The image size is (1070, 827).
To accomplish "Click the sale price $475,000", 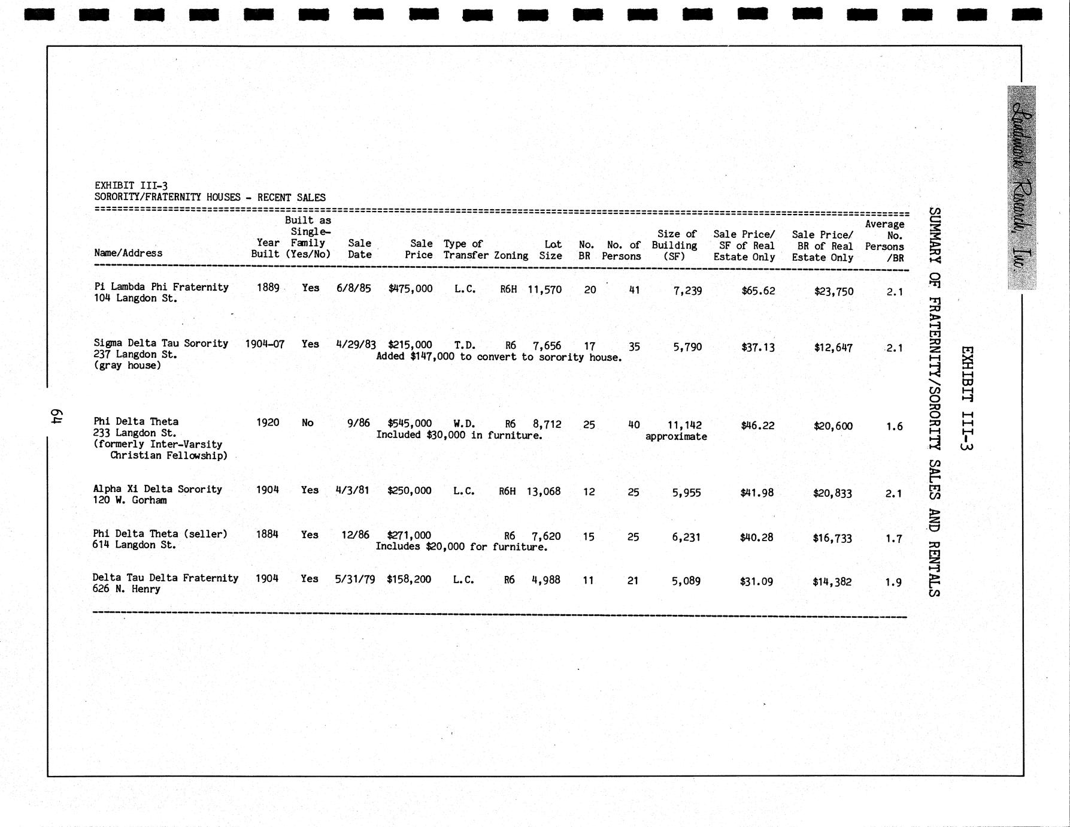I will (x=410, y=288).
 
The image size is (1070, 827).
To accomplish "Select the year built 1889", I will (x=268, y=288).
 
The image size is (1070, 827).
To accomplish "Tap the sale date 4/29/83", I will (x=356, y=345).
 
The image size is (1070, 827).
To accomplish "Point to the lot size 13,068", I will (x=544, y=491).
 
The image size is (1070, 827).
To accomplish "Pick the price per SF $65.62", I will (x=758, y=291).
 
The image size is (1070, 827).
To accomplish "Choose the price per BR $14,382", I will (x=832, y=581).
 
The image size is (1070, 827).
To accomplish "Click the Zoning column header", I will (x=511, y=255).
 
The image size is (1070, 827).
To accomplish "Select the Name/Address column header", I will (x=128, y=253).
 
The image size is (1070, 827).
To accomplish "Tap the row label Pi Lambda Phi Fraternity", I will (x=161, y=287).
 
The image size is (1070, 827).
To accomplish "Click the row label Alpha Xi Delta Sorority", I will (x=157, y=489).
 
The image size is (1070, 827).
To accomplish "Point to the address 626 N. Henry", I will (x=126, y=589).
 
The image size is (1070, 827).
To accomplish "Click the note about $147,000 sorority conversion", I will (x=499, y=357).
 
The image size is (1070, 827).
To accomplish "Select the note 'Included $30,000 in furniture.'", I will (x=459, y=435).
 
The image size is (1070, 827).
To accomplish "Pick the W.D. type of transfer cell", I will (x=465, y=424).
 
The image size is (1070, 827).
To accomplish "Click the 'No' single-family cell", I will (x=308, y=423).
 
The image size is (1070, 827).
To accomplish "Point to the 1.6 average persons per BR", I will (x=894, y=426).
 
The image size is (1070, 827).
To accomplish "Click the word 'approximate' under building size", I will (x=676, y=437).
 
